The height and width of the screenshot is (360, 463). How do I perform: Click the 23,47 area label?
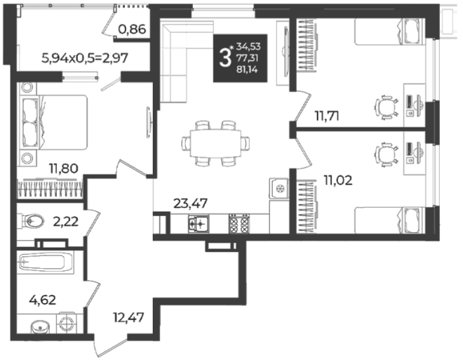pyautogui.click(x=190, y=204)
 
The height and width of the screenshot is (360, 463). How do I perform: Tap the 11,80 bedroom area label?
pyautogui.click(x=63, y=168)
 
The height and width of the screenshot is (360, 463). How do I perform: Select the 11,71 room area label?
pyautogui.click(x=327, y=116)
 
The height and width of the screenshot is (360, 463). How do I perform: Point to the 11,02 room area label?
pyautogui.click(x=338, y=180)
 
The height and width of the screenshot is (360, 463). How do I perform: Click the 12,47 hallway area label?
pyautogui.click(x=128, y=317)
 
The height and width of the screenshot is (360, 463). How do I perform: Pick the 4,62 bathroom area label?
pyautogui.click(x=43, y=300)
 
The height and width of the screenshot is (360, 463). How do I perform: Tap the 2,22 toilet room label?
pyautogui.click(x=65, y=221)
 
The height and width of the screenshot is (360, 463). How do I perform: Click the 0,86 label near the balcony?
pyautogui.click(x=132, y=29)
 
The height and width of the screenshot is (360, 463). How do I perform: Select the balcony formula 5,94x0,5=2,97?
pyautogui.click(x=85, y=58)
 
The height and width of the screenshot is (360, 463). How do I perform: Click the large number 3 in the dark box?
pyautogui.click(x=224, y=58)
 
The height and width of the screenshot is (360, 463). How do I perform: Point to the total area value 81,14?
pyautogui.click(x=247, y=70)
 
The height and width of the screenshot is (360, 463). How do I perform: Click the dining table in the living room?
pyautogui.click(x=215, y=143)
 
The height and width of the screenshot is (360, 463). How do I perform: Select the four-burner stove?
pyautogui.click(x=239, y=224)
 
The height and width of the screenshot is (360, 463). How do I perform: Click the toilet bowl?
pyautogui.click(x=32, y=220)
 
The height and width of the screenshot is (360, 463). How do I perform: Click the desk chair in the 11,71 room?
pyautogui.click(x=387, y=107)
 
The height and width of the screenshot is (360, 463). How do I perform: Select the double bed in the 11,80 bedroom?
pyautogui.click(x=55, y=122)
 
